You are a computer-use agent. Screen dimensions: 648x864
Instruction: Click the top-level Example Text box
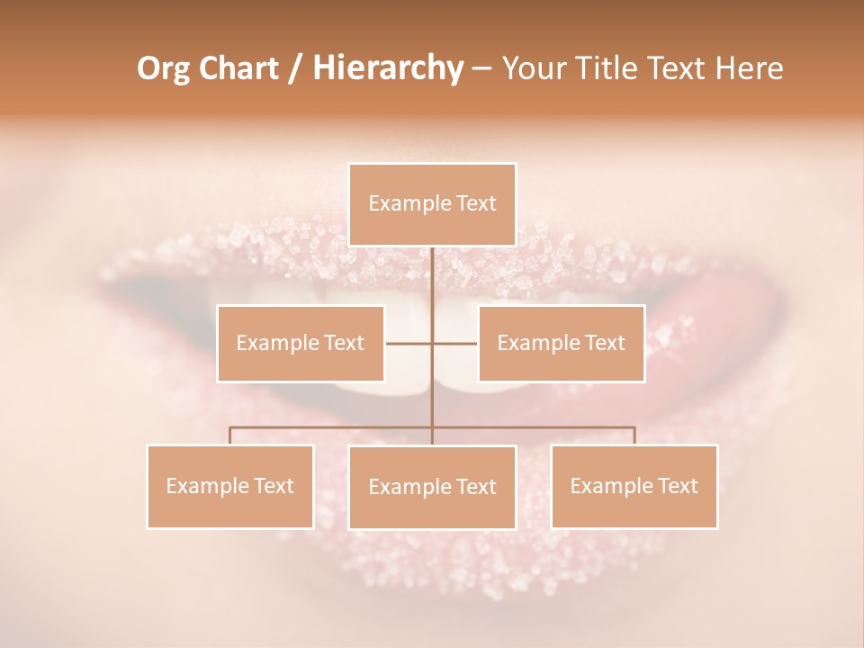pyautogui.click(x=432, y=204)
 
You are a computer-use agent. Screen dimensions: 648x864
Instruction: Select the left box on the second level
pyautogui.click(x=301, y=343)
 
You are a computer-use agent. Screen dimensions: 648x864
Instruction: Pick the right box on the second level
pyautogui.click(x=561, y=343)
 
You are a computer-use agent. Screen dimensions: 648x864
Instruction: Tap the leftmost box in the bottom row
pyautogui.click(x=230, y=486)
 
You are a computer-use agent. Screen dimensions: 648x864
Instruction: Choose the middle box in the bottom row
pyautogui.click(x=432, y=487)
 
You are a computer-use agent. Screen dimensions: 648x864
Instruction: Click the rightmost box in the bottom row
pyautogui.click(x=634, y=486)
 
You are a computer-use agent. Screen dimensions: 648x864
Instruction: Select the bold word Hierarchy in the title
pyautogui.click(x=387, y=68)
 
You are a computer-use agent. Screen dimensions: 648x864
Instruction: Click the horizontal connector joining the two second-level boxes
pyautogui.click(x=409, y=343)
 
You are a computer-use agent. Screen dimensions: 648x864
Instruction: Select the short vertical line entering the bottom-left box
pyautogui.click(x=230, y=436)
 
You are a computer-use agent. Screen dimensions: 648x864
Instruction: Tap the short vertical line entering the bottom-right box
pyautogui.click(x=634, y=436)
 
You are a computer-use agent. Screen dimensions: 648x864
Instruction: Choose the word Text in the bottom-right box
pyautogui.click(x=677, y=486)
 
